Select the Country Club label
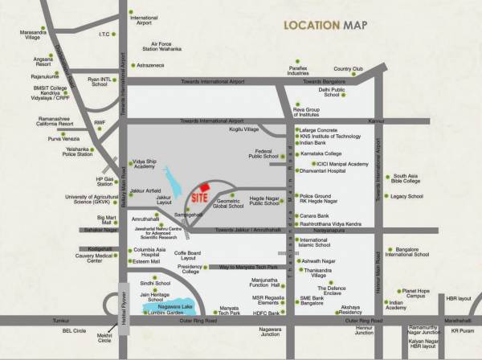[349, 70]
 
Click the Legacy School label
[406, 196]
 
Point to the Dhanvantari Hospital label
[325, 170]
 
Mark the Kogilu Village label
[244, 129]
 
